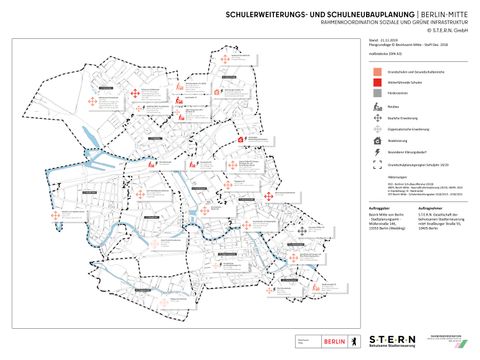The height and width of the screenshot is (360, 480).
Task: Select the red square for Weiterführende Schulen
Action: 374,84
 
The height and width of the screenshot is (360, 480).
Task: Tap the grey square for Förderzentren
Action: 374,94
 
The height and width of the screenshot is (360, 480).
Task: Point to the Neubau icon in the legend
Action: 374,106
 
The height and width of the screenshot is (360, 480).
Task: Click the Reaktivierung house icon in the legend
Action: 374,142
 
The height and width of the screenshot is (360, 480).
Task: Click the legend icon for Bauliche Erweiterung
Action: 374,117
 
